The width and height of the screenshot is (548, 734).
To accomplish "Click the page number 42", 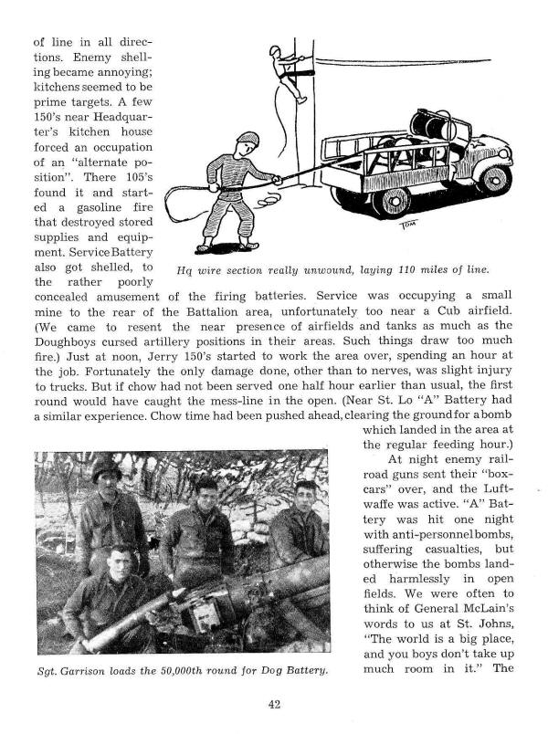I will pyautogui.click(x=274, y=704).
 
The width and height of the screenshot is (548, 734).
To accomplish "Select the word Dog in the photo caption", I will pyautogui.click(x=270, y=672).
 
